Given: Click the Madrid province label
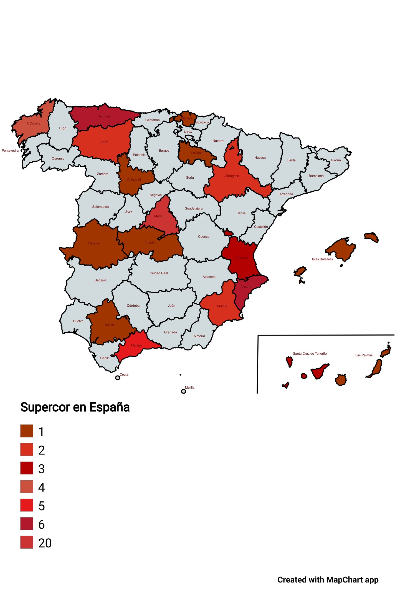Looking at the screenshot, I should click(159, 216).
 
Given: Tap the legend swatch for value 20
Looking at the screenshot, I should click(27, 542).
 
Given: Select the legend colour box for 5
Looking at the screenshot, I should click(27, 505).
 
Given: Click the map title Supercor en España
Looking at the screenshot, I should click(75, 407).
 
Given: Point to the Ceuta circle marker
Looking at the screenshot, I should click(118, 378).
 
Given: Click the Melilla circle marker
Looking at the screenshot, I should click(183, 391).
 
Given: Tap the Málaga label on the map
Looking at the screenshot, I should click(136, 345).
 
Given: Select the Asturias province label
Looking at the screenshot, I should click(105, 116).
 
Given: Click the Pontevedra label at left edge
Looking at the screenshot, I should click(10, 151).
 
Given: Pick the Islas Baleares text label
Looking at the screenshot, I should click(322, 259).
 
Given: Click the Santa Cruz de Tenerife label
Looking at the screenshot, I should click(310, 354).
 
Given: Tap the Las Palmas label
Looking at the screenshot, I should click(364, 355).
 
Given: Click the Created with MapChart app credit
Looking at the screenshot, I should click(328, 580).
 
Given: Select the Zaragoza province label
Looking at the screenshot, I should click(232, 176).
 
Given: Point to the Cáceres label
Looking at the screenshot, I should click(94, 243).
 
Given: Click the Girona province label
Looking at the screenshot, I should click(336, 160).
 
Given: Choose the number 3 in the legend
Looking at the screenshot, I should click(41, 469).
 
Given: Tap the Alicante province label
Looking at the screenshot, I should click(246, 287).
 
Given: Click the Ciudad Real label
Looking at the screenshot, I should click(159, 273).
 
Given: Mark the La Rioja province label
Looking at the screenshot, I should click(197, 153).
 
